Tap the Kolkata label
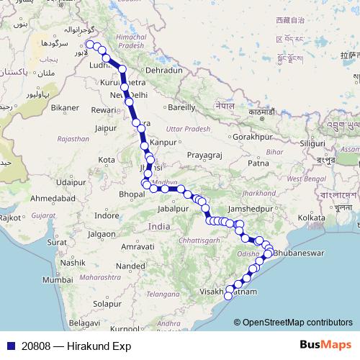click(x=311, y=217)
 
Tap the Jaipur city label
click(x=106, y=129)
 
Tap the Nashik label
click(x=73, y=263)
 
